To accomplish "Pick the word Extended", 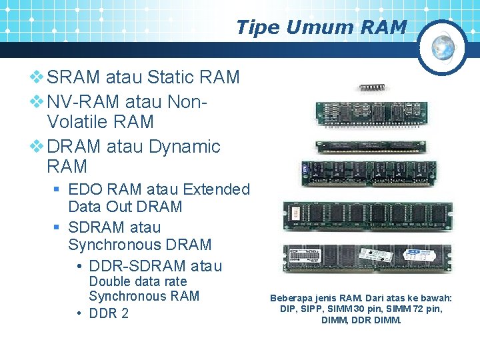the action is pos(216,190).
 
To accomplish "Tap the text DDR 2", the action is pos(109,313).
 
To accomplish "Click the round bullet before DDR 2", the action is pos(79,313).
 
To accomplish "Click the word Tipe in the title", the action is pos(256,27).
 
